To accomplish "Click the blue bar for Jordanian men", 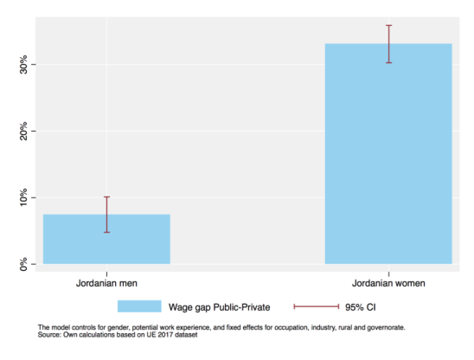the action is tap(106, 239).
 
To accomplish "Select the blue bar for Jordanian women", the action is tap(388, 154).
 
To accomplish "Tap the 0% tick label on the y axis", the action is tap(23, 264).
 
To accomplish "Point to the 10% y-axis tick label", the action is tap(23, 197).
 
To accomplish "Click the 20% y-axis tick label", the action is tap(23, 131).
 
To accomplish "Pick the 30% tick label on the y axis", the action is tap(23, 64).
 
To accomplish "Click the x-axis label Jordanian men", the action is tap(106, 283).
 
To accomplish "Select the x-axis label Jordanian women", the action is tap(388, 283).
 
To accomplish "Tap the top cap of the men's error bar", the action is tap(106, 197).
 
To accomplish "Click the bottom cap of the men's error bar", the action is tap(106, 232).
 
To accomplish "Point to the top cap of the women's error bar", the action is tap(388, 25).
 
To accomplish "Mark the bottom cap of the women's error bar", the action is tap(388, 63).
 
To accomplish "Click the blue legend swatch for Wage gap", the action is tap(139, 306).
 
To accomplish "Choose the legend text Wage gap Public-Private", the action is tap(219, 307).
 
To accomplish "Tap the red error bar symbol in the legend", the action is tap(317, 306).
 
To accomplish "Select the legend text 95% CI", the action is tap(361, 307).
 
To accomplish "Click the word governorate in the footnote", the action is tap(386, 328).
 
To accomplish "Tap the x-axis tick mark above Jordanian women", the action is tap(388, 273).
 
